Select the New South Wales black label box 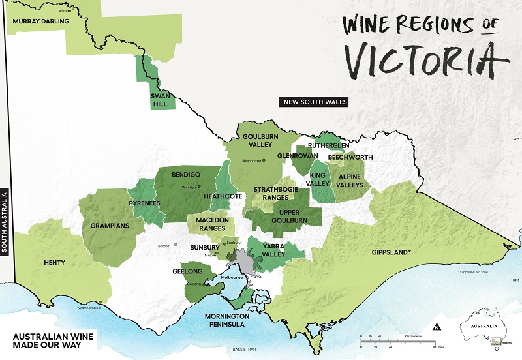point(313,102)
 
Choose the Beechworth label point(350,157)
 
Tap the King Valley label point(318,180)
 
